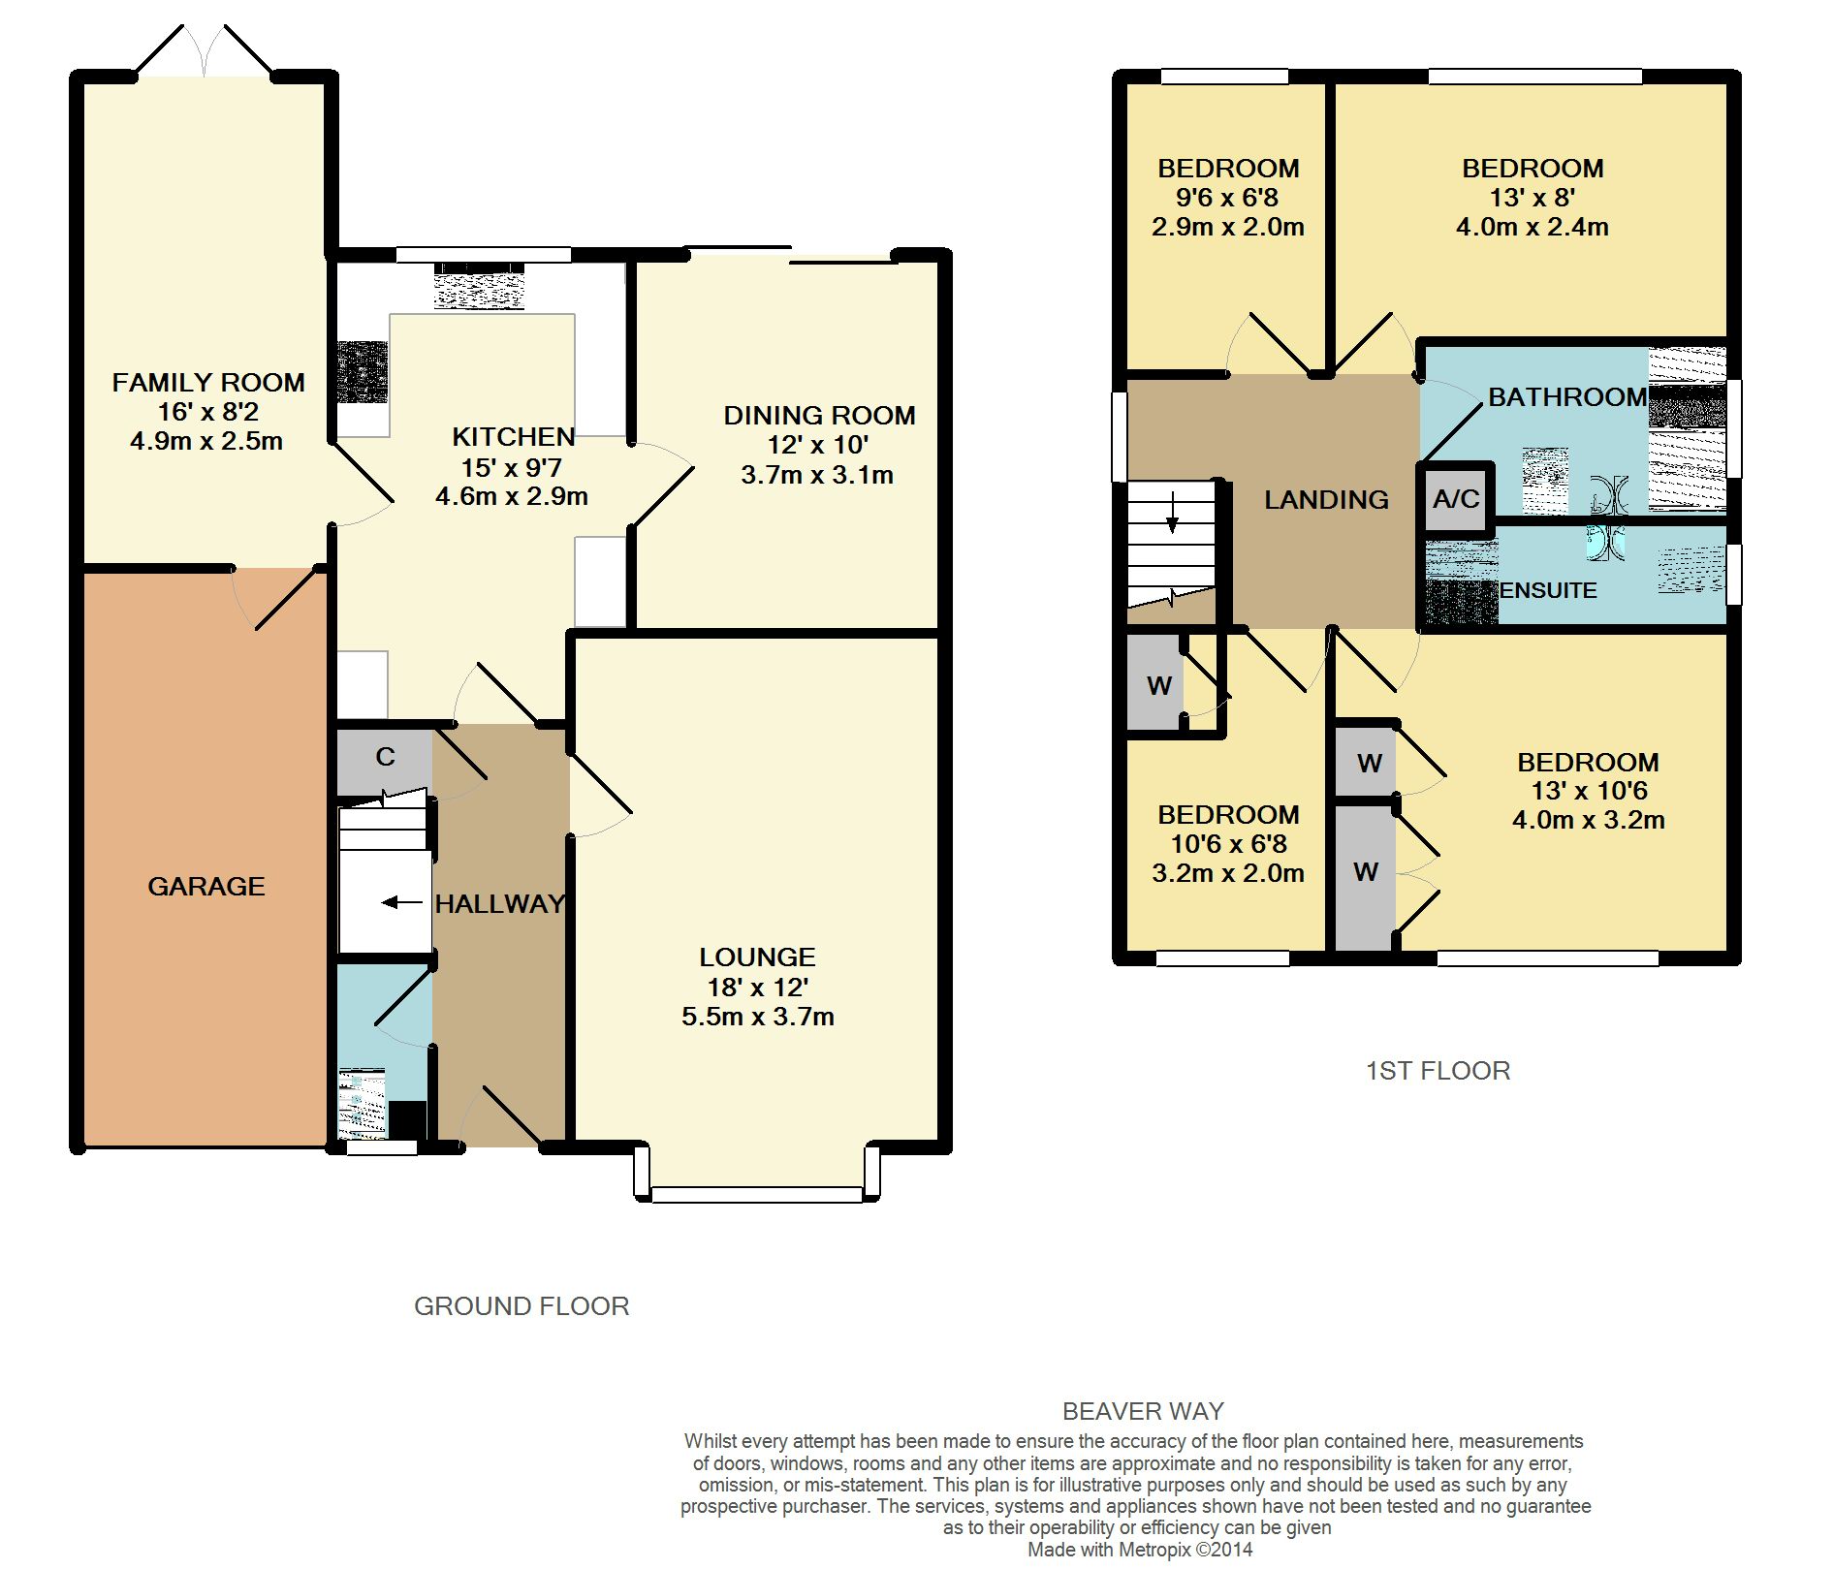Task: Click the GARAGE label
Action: coord(205,886)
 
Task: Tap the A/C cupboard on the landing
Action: coord(1456,498)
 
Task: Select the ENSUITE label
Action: coord(1548,590)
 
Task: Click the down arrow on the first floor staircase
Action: coord(1172,513)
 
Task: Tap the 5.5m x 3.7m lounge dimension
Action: coord(758,1017)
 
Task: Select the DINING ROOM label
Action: coord(819,416)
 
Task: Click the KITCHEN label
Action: coord(514,437)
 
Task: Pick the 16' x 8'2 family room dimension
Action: coord(207,412)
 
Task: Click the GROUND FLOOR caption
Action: coord(521,1306)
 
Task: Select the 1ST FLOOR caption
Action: coord(1438,1071)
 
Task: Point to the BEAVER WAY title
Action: coord(1143,1411)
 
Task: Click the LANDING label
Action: coord(1326,500)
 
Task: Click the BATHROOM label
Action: coord(1567,397)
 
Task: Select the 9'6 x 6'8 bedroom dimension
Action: coord(1227,198)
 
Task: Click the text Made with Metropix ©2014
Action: coord(1140,1550)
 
